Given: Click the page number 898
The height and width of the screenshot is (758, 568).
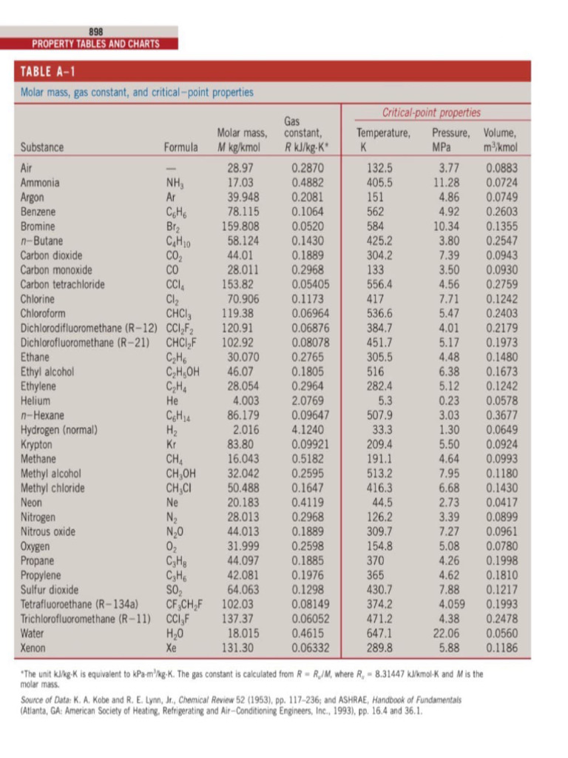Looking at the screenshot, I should click(95, 31).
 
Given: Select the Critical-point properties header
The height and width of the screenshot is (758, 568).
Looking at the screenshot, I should click(431, 113).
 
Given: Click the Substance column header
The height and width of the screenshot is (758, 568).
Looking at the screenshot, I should click(43, 147).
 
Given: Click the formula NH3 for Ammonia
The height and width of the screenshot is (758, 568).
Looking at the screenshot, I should click(175, 182).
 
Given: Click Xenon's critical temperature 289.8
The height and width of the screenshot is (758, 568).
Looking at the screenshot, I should click(379, 648).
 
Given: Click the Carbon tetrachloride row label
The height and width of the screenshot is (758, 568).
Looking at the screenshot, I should click(62, 284).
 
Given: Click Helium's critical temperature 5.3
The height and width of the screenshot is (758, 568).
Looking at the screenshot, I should click(384, 400).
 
